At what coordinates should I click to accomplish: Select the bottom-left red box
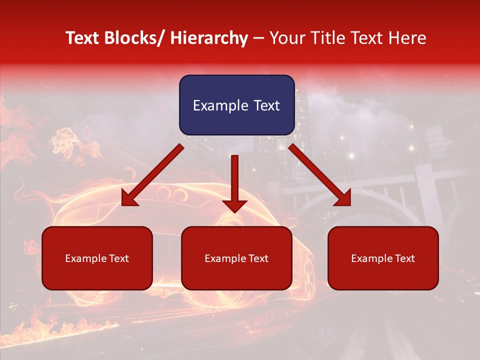(x=97, y=258)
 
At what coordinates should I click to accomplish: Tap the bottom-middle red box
(x=236, y=258)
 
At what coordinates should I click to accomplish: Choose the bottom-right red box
(x=383, y=258)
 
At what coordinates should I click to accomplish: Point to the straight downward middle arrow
(x=234, y=183)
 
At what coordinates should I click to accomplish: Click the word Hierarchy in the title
(x=208, y=38)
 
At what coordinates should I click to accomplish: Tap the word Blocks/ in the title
(x=133, y=38)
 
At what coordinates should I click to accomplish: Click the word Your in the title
(x=286, y=38)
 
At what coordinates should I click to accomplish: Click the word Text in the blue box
(x=266, y=105)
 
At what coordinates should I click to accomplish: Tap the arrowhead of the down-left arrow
(x=128, y=199)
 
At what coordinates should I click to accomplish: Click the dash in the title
(x=258, y=38)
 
